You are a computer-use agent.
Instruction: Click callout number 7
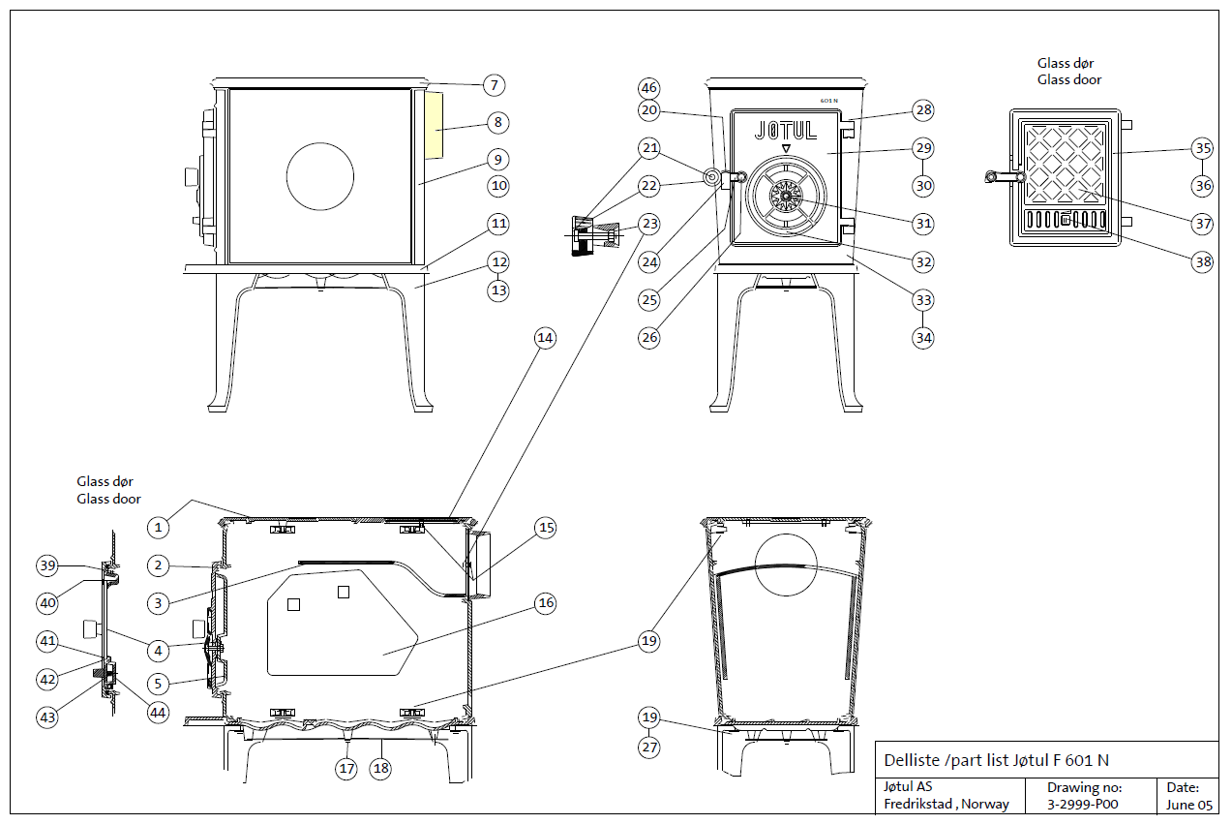(494, 86)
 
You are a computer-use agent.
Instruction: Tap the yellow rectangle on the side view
(433, 126)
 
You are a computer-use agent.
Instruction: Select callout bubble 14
(546, 338)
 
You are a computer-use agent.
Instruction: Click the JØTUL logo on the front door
(785, 130)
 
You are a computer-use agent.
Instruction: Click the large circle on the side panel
(319, 175)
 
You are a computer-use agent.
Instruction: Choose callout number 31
(924, 223)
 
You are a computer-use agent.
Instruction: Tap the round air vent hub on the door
(785, 197)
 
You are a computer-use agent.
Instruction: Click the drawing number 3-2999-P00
(1083, 804)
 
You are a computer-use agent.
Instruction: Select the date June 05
(1188, 804)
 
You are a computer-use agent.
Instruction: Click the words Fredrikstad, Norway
(946, 804)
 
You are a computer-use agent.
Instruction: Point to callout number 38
(1202, 261)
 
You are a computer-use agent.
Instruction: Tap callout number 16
(546, 603)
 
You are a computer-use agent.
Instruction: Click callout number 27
(649, 747)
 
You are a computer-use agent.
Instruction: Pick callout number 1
(159, 527)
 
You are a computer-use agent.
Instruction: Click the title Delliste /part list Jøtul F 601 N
(997, 760)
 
